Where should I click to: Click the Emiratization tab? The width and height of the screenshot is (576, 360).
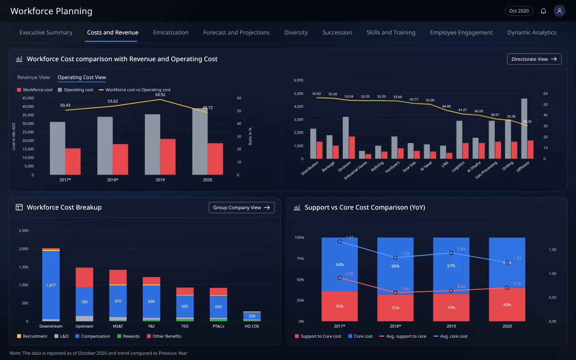(171, 32)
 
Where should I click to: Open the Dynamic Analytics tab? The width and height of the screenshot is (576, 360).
(531, 32)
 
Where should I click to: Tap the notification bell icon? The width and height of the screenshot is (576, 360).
(543, 11)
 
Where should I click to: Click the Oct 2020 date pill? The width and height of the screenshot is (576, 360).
(519, 11)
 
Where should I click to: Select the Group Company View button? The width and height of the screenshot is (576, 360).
(241, 208)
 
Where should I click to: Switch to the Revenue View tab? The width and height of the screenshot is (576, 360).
(33, 77)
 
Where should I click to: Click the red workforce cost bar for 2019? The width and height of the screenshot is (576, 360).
(168, 157)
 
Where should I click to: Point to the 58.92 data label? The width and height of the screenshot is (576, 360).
(160, 94)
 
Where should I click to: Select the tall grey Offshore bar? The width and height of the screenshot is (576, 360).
(524, 129)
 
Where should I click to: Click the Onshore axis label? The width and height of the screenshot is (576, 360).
(344, 166)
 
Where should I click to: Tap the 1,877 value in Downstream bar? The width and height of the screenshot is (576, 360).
(51, 285)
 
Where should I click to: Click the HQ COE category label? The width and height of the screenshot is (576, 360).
(252, 326)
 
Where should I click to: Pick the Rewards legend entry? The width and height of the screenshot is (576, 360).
(128, 336)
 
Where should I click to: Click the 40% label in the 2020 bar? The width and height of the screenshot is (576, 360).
(507, 305)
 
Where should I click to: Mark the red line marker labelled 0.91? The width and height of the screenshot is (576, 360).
(340, 278)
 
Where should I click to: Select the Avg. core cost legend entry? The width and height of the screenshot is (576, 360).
(450, 336)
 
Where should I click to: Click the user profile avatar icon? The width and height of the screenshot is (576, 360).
(559, 11)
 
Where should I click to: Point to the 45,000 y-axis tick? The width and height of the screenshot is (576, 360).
(28, 98)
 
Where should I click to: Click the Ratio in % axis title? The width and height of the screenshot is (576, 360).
(250, 137)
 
